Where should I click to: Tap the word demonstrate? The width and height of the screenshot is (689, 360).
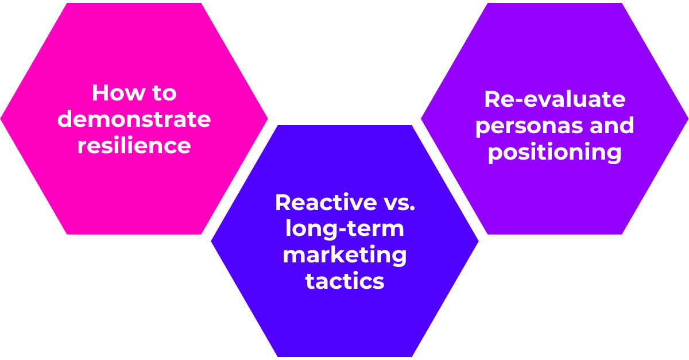134,119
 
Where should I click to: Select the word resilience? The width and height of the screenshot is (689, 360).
134,145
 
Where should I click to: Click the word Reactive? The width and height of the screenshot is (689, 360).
326,202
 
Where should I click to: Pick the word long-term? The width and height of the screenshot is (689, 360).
344,229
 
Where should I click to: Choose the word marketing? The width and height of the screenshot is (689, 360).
344,256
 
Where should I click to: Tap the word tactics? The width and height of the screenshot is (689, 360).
344,281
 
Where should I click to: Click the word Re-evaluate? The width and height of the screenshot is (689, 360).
555,99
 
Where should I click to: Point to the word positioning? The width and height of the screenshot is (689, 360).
555,152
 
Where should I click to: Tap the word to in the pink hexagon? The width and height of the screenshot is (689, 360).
164,93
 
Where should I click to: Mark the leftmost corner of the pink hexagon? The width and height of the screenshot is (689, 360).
1,118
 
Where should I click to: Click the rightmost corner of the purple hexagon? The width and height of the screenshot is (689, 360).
688,118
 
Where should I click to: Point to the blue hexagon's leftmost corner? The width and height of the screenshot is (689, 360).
211,241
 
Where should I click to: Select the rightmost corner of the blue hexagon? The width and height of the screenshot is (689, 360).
479,241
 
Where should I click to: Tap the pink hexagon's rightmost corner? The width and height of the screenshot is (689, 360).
268,118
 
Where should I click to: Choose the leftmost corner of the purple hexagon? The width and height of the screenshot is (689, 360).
421,118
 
